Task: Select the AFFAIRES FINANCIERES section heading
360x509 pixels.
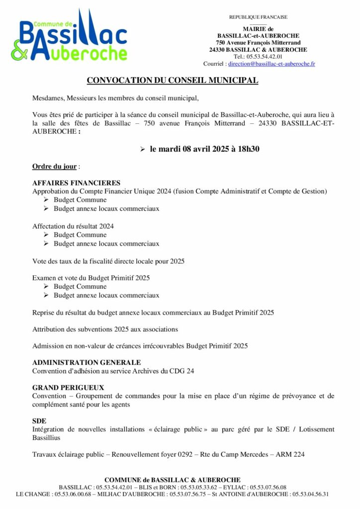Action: pos(76,183)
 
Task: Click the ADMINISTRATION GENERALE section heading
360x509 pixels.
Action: pos(87,362)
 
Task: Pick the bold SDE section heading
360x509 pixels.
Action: pos(39,421)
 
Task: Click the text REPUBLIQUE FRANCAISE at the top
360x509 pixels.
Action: pos(258,17)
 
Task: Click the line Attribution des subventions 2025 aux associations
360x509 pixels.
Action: pos(105,329)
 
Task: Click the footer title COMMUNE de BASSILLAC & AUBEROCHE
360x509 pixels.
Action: pos(173,480)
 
